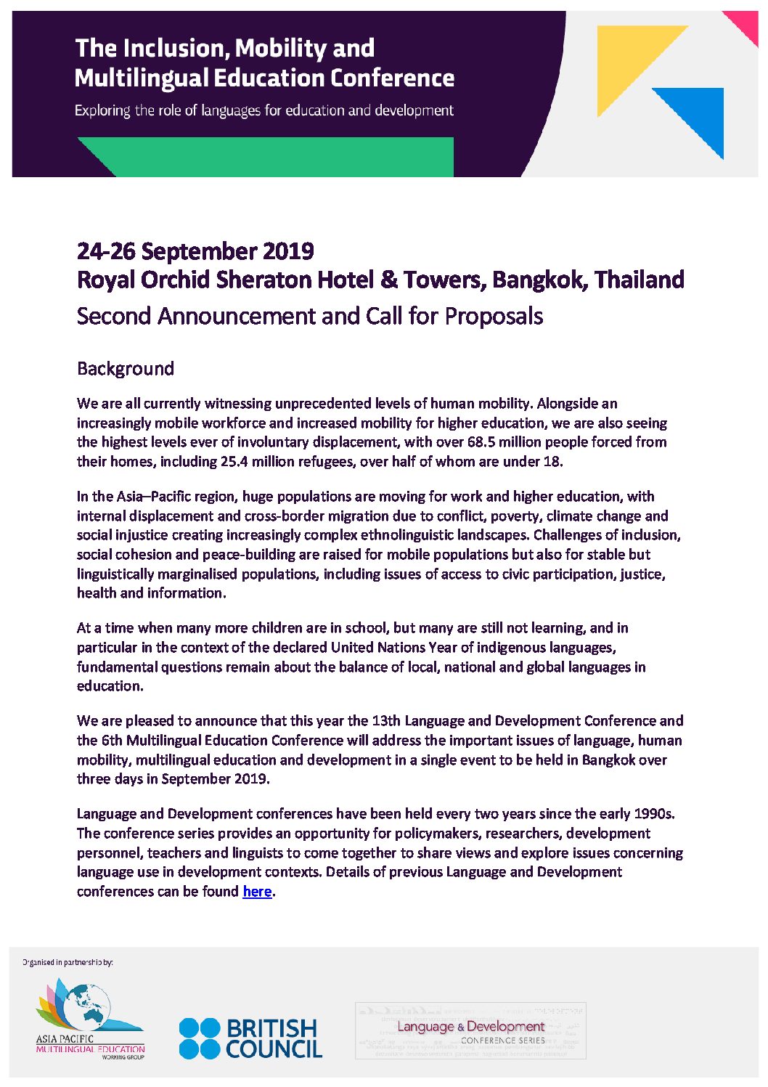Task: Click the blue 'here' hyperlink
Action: (257, 892)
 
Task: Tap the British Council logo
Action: (250, 1038)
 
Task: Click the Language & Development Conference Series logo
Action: (470, 1031)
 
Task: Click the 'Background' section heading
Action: (126, 369)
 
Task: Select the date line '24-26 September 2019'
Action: (195, 251)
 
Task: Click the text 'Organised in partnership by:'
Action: (68, 962)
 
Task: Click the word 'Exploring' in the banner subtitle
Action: (102, 110)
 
